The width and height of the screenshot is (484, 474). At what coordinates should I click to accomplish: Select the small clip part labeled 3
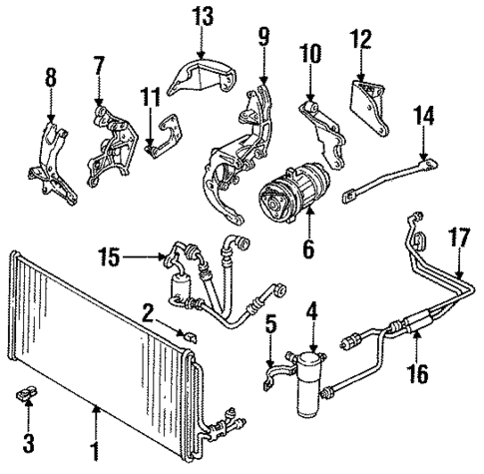tap(28, 396)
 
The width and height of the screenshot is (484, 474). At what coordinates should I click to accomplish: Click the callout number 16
tap(416, 375)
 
